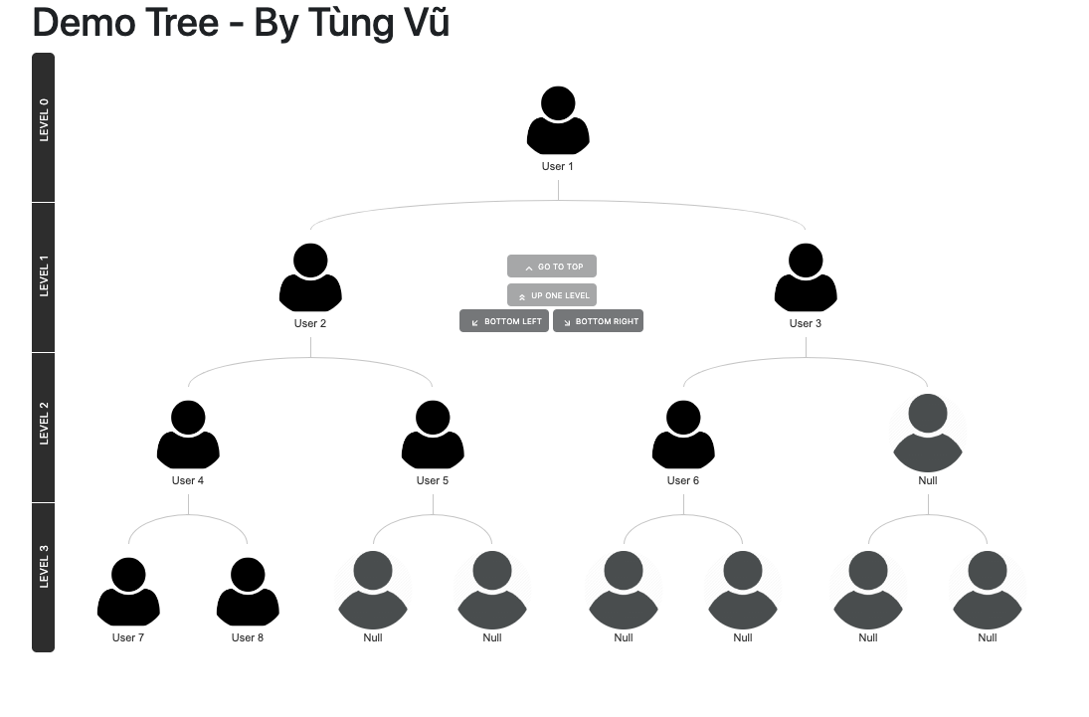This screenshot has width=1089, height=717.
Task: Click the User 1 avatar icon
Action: pyautogui.click(x=558, y=120)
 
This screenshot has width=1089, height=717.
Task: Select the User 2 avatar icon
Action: pyautogui.click(x=310, y=277)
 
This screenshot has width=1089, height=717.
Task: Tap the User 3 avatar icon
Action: pyautogui.click(x=806, y=277)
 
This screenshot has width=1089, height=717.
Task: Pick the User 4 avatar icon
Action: pyautogui.click(x=188, y=435)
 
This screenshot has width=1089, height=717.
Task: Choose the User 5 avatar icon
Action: pyautogui.click(x=433, y=435)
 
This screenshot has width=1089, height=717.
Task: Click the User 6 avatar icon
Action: pyautogui.click(x=683, y=435)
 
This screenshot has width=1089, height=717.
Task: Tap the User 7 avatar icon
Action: pyautogui.click(x=128, y=592)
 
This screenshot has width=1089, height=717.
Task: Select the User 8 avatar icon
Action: pyautogui.click(x=248, y=592)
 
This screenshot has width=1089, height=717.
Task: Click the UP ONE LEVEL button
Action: pyautogui.click(x=552, y=295)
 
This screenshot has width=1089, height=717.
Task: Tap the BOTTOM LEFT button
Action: pyautogui.click(x=504, y=321)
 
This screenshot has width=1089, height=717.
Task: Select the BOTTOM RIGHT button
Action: pyautogui.click(x=598, y=321)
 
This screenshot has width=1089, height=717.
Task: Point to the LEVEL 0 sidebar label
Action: pyautogui.click(x=44, y=120)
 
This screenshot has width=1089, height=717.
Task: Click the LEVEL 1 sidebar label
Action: pyautogui.click(x=44, y=275)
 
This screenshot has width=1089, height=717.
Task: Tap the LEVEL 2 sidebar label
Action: pyautogui.click(x=44, y=424)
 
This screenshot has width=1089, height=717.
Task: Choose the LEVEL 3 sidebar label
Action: pyautogui.click(x=44, y=567)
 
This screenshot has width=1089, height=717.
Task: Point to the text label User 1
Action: pyautogui.click(x=558, y=166)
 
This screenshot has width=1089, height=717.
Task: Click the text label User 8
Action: pyautogui.click(x=248, y=637)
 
